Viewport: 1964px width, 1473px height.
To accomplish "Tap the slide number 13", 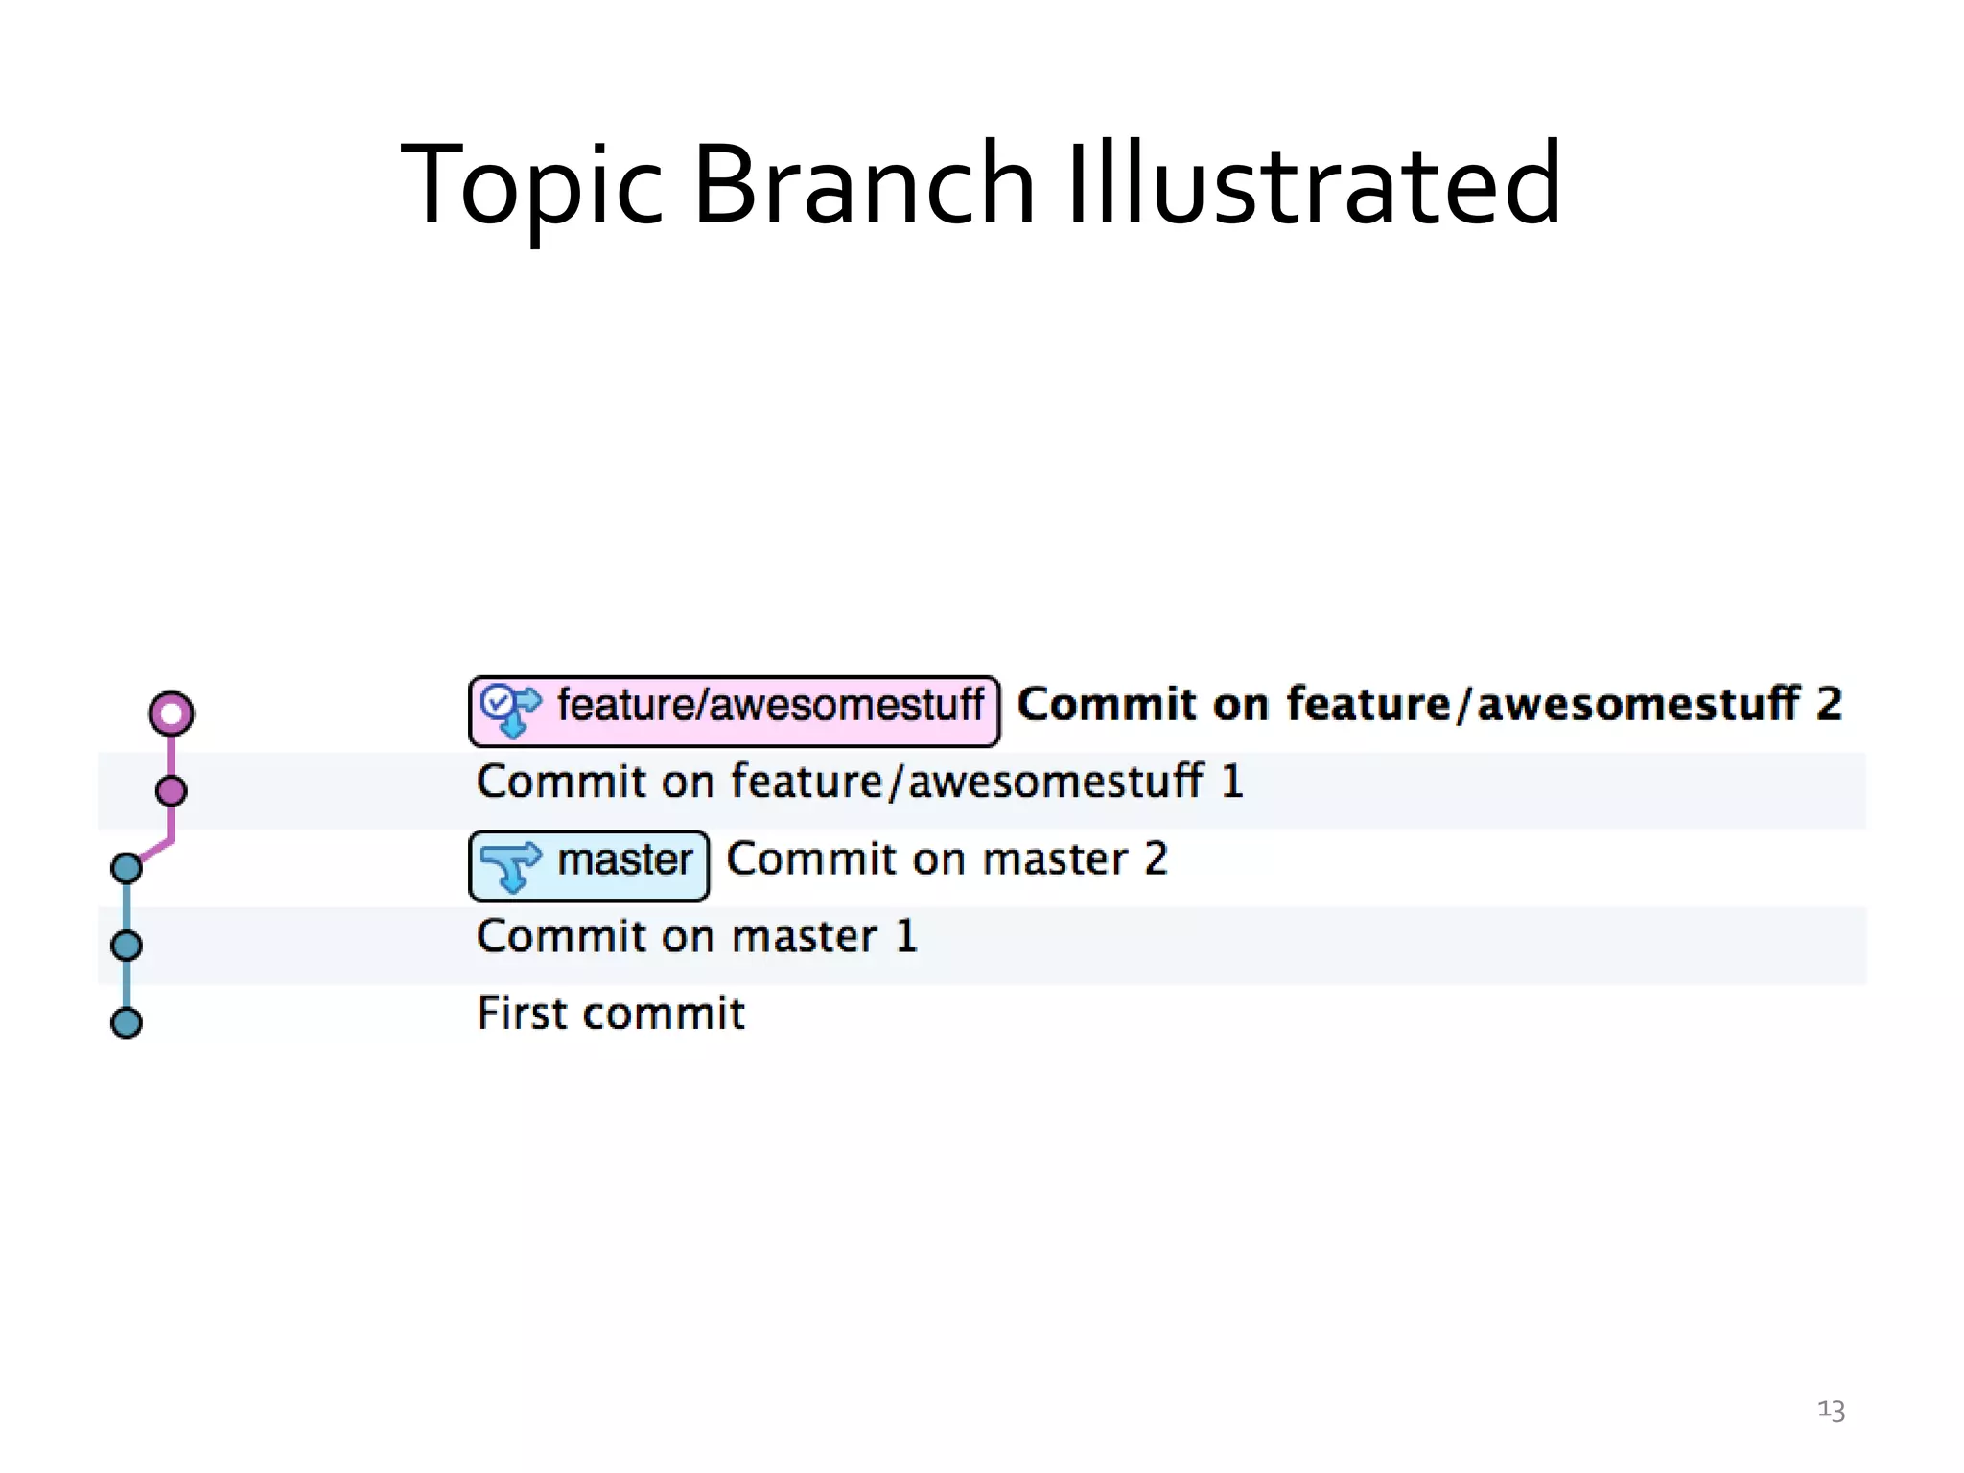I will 1831,1410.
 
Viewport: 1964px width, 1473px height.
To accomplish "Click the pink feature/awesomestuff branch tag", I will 735,711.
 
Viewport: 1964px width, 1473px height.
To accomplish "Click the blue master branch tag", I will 589,865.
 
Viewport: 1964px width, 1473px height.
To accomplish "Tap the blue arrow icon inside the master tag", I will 510,865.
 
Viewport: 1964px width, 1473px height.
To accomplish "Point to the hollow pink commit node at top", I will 171,713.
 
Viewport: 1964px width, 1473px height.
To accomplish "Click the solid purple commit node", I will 171,791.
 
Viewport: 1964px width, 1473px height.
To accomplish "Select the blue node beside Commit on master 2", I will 127,868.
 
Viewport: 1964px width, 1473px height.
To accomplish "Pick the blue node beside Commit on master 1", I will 127,946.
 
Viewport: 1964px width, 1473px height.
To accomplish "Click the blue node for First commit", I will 127,1022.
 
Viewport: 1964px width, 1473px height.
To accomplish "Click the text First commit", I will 611,1014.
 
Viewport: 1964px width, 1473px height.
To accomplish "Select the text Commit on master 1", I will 696,937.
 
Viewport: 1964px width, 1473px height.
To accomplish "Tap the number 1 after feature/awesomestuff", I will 1232,782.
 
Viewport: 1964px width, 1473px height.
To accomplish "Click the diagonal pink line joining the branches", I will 154,851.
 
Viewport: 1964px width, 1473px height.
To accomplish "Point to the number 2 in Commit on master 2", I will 1157,859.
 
